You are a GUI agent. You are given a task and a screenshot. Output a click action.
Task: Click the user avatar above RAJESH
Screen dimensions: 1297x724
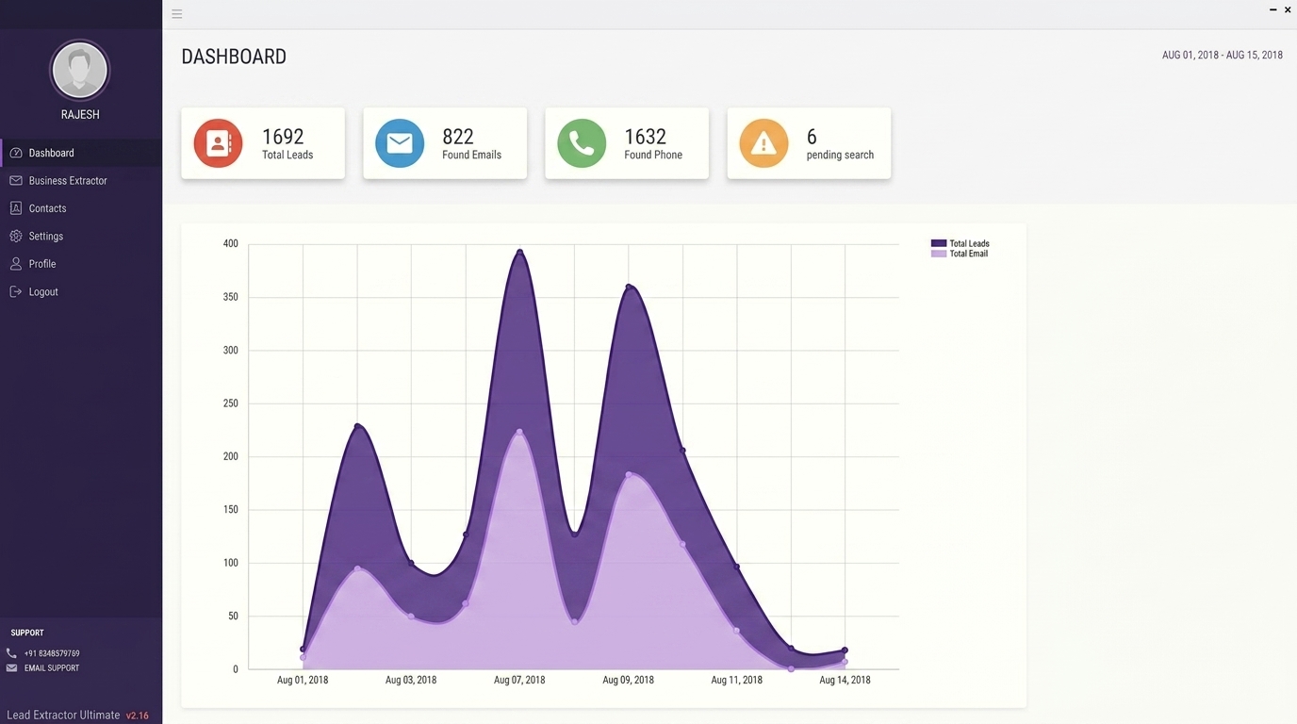(79, 70)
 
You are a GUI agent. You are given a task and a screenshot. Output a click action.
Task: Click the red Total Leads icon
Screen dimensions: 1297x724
(218, 143)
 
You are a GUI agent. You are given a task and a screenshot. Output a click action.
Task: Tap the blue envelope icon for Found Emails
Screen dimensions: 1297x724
(400, 143)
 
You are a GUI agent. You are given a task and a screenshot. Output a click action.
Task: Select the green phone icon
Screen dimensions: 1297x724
(582, 143)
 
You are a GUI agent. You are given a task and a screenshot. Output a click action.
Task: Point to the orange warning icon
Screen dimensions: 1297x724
(763, 143)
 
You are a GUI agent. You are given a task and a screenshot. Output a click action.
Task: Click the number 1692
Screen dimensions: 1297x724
(283, 137)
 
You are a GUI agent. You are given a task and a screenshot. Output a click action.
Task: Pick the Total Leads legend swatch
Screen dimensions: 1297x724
(939, 243)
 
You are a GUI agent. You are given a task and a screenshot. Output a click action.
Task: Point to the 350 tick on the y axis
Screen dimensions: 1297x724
(230, 297)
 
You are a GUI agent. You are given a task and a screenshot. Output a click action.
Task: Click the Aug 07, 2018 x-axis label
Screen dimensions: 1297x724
(519, 680)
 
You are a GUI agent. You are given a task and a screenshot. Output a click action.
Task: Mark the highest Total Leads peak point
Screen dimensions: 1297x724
(520, 252)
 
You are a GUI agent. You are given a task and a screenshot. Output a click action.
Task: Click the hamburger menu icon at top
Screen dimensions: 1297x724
(177, 14)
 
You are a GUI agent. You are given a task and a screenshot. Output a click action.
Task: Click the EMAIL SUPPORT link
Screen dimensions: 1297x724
(52, 667)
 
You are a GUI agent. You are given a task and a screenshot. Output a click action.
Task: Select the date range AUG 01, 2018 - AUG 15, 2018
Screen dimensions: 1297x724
(1223, 55)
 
